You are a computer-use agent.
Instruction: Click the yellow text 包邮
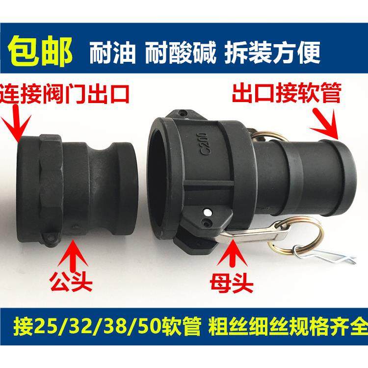(x=42, y=50)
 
